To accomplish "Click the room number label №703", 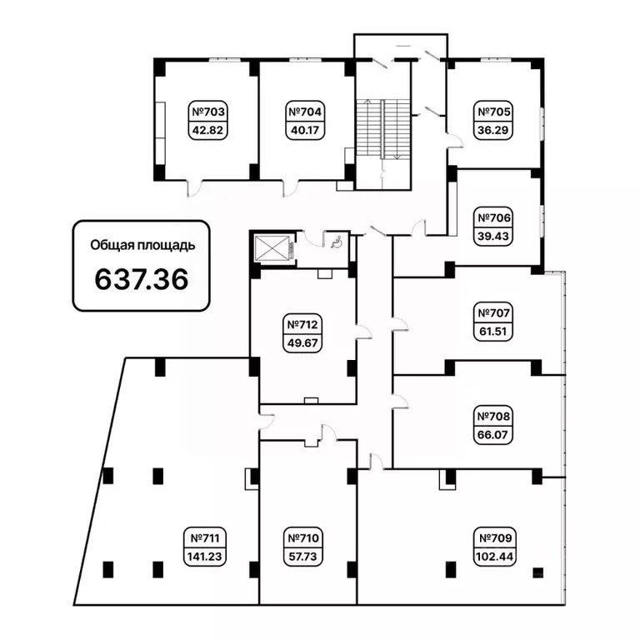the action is (x=207, y=112).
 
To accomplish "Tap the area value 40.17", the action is (x=305, y=131).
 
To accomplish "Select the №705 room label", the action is (x=493, y=112).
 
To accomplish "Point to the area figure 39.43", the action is (x=493, y=237).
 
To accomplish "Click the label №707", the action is (x=493, y=313).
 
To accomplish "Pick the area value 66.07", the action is (x=492, y=435).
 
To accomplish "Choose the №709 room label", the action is (x=495, y=538).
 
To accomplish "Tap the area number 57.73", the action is (x=302, y=557).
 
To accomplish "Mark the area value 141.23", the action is (x=204, y=557).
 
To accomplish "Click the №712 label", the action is (x=302, y=325).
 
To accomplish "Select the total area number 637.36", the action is (x=142, y=280).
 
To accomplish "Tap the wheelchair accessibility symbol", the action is (x=337, y=242).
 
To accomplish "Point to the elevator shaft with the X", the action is (x=272, y=247).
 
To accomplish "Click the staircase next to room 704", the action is (x=382, y=129).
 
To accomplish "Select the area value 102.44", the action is (x=495, y=557).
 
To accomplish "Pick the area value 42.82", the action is (x=207, y=131).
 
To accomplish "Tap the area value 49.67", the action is (x=302, y=343).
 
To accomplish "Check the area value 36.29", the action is (x=493, y=131).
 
